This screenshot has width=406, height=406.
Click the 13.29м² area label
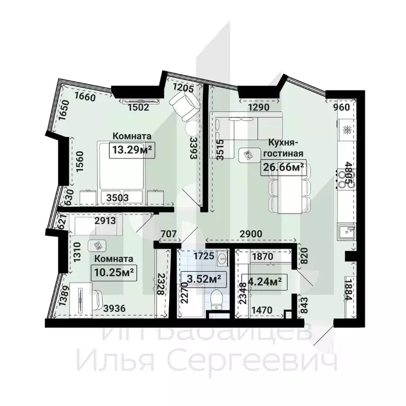coord(132,150)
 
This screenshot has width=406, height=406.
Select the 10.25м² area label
coord(113,273)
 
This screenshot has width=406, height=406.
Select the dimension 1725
coord(203,257)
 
